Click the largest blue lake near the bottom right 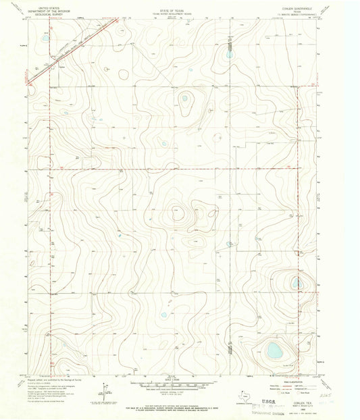[x=274, y=350]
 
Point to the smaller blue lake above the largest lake [x=296, y=283]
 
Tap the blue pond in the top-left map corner [x=45, y=38]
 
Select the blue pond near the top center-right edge [x=229, y=53]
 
